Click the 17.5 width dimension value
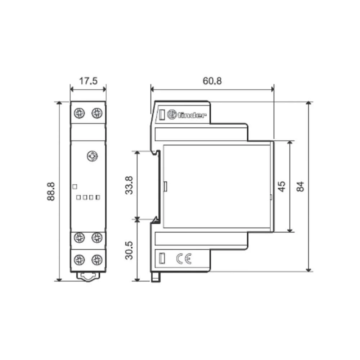click(88, 81)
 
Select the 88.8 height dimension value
click(51, 191)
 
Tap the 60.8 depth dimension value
click(212, 81)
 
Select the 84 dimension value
click(300, 186)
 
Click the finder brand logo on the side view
click(187, 115)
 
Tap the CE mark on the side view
click(184, 258)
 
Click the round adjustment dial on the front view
click(93, 156)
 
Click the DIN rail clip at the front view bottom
click(88, 276)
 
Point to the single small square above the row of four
click(75, 186)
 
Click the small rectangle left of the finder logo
click(162, 115)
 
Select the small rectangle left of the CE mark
click(162, 258)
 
